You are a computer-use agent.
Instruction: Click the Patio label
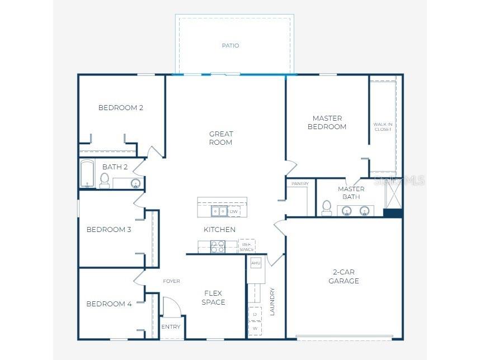point(230,45)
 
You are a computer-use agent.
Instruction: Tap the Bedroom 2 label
point(121,108)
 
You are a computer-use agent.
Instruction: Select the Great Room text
point(221,138)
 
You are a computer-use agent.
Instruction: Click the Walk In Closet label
point(383,127)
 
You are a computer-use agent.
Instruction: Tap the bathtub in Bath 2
point(87,174)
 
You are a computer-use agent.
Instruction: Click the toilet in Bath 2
point(105,180)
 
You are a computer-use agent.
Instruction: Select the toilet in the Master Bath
point(327,208)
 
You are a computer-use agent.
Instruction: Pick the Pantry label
point(300,184)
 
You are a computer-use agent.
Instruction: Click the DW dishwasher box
point(234,211)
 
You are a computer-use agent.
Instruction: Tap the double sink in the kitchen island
point(219,211)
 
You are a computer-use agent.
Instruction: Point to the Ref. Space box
point(247,246)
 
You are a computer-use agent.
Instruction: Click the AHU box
point(256,263)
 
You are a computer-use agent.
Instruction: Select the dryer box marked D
point(255,314)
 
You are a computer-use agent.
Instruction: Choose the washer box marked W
point(255,329)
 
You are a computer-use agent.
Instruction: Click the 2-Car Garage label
point(343,277)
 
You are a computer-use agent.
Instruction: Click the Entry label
point(171,327)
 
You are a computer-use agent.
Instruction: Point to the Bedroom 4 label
point(109,304)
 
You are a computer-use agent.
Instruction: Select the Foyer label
point(171,281)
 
